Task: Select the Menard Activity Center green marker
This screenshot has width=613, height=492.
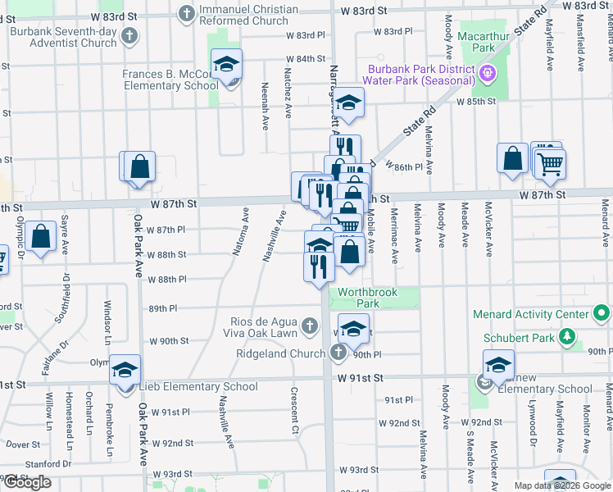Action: [x=601, y=314]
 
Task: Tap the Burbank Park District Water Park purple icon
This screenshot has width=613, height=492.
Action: [x=487, y=72]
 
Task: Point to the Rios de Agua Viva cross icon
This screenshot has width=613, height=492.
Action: [x=309, y=326]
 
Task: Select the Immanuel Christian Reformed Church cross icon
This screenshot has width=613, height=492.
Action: [x=187, y=13]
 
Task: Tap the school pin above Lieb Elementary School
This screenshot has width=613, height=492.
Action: [x=125, y=371]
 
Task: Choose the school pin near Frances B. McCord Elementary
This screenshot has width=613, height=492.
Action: [x=226, y=65]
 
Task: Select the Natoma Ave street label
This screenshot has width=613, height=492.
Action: [x=240, y=231]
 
